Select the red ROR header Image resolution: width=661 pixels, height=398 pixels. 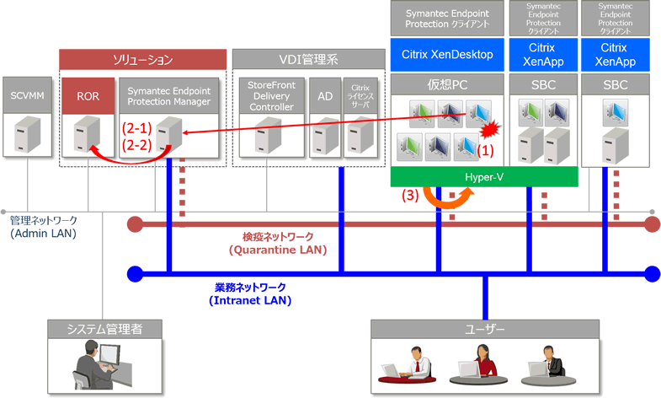[x=88, y=96]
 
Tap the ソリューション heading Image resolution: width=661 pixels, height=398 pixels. [x=143, y=59]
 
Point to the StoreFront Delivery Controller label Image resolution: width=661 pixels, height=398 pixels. [x=270, y=96]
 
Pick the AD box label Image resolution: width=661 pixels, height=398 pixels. [x=323, y=96]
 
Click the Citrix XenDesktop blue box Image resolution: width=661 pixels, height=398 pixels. [x=447, y=55]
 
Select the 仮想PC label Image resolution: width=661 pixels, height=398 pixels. [x=447, y=85]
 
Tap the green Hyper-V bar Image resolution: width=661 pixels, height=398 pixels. [x=484, y=177]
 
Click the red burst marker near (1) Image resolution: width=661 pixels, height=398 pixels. [x=488, y=129]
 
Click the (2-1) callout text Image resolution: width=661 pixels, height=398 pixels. [x=136, y=128]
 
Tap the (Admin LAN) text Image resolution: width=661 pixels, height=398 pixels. [x=43, y=234]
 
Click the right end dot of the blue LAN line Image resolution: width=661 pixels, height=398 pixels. [x=651, y=273]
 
